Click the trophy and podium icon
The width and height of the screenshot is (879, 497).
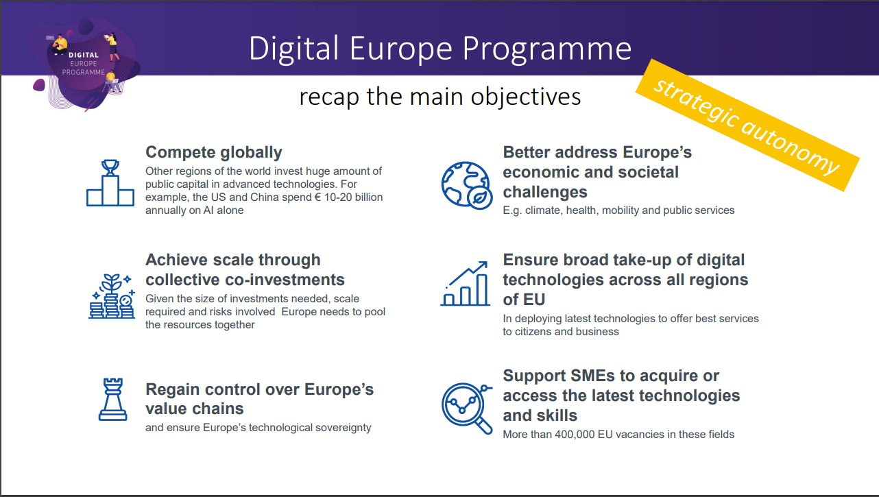110,183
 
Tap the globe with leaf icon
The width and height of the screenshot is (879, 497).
467,185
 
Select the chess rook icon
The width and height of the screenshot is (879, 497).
112,400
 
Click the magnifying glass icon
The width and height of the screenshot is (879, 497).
467,409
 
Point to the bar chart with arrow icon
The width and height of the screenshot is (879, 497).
466,283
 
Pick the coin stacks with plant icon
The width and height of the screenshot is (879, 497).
112,296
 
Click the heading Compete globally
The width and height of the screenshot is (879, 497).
214,152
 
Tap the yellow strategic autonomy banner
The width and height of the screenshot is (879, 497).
747,125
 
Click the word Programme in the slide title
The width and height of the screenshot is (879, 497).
547,49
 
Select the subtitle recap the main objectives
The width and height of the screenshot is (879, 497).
440,97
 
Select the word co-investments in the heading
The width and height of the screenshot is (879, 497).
284,280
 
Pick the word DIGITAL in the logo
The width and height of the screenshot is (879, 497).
84,56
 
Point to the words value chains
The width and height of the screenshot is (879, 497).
195,409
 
